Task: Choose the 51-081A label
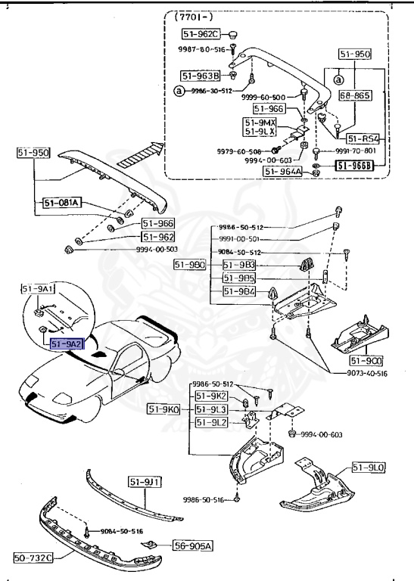62,203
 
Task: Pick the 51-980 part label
189,264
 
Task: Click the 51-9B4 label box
239,291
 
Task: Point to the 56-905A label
194,545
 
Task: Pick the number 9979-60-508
239,151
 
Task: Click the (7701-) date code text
192,16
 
